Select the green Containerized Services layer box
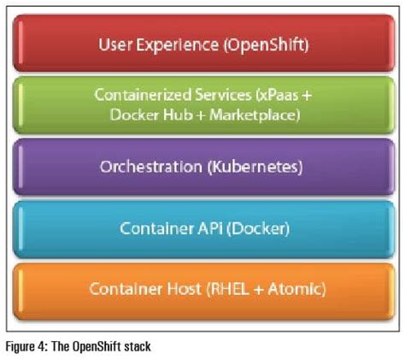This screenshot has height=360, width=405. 202,104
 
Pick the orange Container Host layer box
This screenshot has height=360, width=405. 202,289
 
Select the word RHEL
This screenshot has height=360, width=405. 225,289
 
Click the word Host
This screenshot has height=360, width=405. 177,289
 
